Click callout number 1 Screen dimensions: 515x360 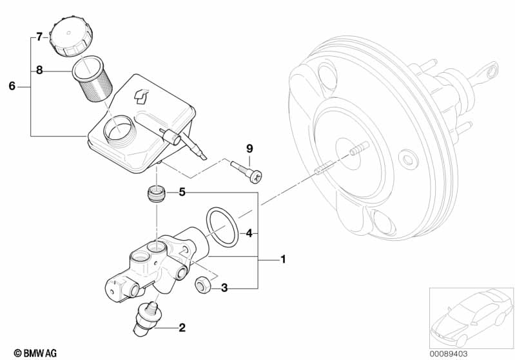pyautogui.click(x=283, y=260)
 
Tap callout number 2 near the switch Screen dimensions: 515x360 pyautogui.click(x=182, y=328)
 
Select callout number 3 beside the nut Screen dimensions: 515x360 pyautogui.click(x=224, y=288)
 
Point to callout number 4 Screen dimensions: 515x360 pyautogui.click(x=249, y=233)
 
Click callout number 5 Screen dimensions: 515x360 pyautogui.click(x=182, y=192)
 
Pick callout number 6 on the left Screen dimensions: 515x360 pyautogui.click(x=12, y=86)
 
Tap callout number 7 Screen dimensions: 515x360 pyautogui.click(x=39, y=37)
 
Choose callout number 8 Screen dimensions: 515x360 pyautogui.click(x=39, y=70)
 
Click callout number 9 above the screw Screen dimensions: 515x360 pyautogui.click(x=249, y=149)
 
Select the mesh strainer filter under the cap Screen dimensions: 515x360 pyautogui.click(x=92, y=79)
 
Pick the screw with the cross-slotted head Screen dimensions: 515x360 pyautogui.click(x=247, y=171)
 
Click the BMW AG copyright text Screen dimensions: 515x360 pyautogui.click(x=35, y=353)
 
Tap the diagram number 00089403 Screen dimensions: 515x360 pyautogui.click(x=449, y=354)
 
